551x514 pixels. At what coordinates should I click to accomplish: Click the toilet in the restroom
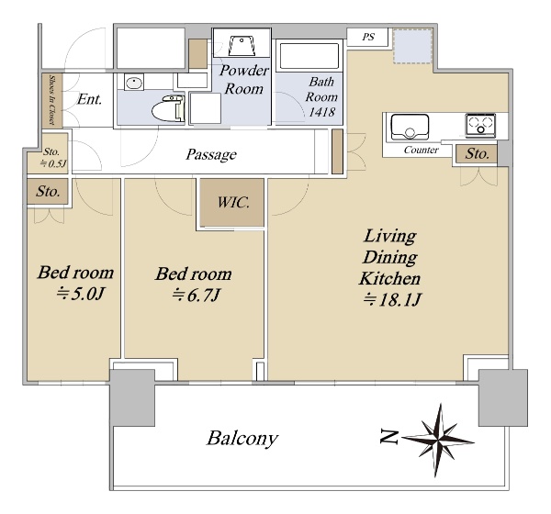tap(168, 108)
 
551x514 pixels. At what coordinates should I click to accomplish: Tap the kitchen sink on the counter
tap(410, 126)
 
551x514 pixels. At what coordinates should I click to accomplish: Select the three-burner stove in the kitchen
tap(480, 125)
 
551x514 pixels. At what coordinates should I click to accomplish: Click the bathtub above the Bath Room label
tap(309, 56)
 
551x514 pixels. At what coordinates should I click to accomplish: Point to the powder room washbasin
tap(242, 46)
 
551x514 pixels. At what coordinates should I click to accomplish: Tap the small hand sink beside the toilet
tap(134, 83)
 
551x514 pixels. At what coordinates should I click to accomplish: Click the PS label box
tap(368, 37)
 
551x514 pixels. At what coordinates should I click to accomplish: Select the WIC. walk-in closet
tap(232, 202)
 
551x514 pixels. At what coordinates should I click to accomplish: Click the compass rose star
tap(438, 440)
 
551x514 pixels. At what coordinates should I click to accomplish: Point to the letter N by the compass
tap(389, 437)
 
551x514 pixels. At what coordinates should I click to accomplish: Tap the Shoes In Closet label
tap(52, 100)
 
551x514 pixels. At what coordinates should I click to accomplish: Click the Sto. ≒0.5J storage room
tap(48, 153)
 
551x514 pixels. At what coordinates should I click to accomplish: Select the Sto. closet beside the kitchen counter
tap(477, 154)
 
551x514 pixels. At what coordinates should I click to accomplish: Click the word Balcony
tap(242, 439)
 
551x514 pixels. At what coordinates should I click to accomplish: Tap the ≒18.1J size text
tap(392, 300)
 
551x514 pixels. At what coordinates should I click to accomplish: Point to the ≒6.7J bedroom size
tap(196, 296)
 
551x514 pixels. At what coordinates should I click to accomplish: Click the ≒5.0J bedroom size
tap(80, 294)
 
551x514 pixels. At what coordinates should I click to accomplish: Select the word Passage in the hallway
tap(211, 154)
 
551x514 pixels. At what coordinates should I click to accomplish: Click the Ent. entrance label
tap(90, 99)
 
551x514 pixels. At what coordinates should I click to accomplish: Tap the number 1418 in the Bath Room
tap(322, 112)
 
